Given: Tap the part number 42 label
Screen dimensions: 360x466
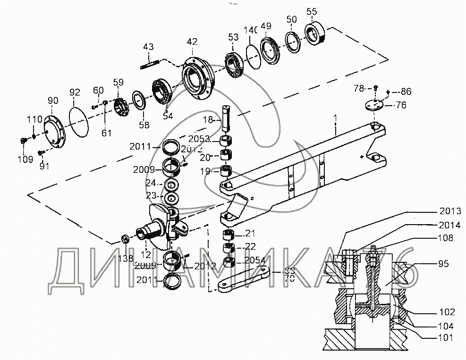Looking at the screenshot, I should (x=192, y=42).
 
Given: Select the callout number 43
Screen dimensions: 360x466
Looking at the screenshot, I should (x=148, y=47).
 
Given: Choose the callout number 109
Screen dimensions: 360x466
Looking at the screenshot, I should (x=26, y=159).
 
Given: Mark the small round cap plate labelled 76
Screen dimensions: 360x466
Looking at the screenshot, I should (x=374, y=105).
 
